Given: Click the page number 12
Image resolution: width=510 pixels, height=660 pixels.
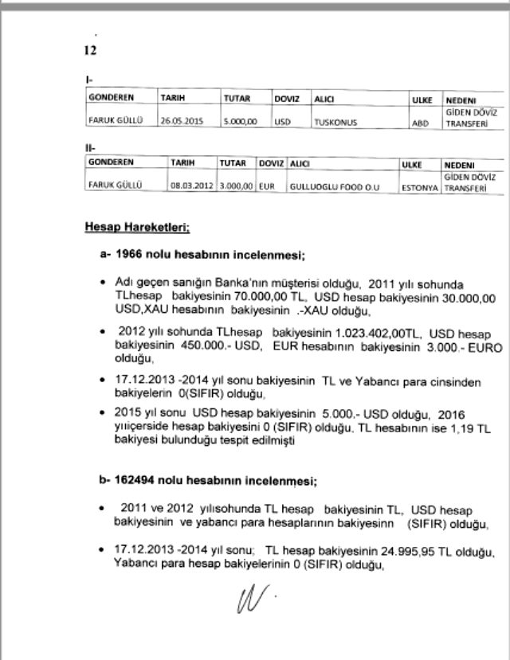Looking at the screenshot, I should coord(89,50).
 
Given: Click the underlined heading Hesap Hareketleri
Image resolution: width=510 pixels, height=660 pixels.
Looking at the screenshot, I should coord(136,228).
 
